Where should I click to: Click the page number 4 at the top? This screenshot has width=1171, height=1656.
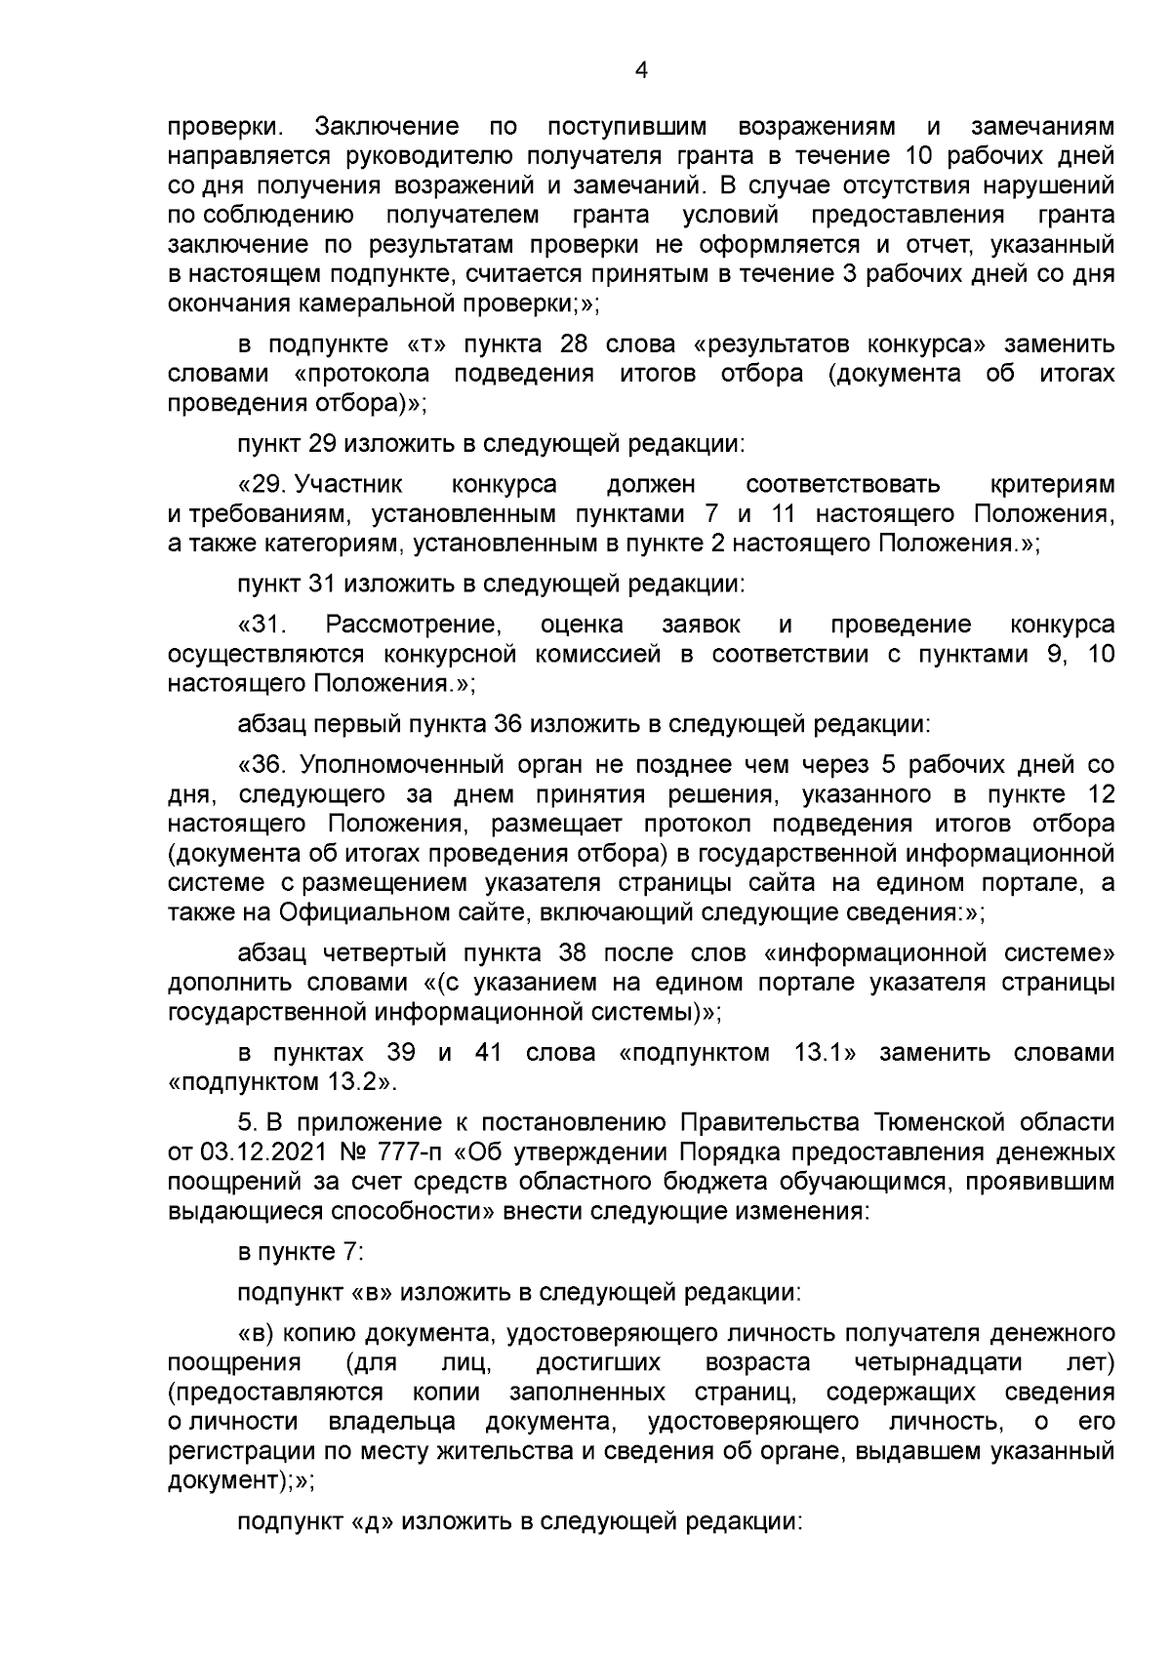tap(641, 69)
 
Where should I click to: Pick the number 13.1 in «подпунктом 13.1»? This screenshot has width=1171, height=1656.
tap(806, 1054)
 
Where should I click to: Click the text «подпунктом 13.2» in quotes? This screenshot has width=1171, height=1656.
tap(281, 1083)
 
